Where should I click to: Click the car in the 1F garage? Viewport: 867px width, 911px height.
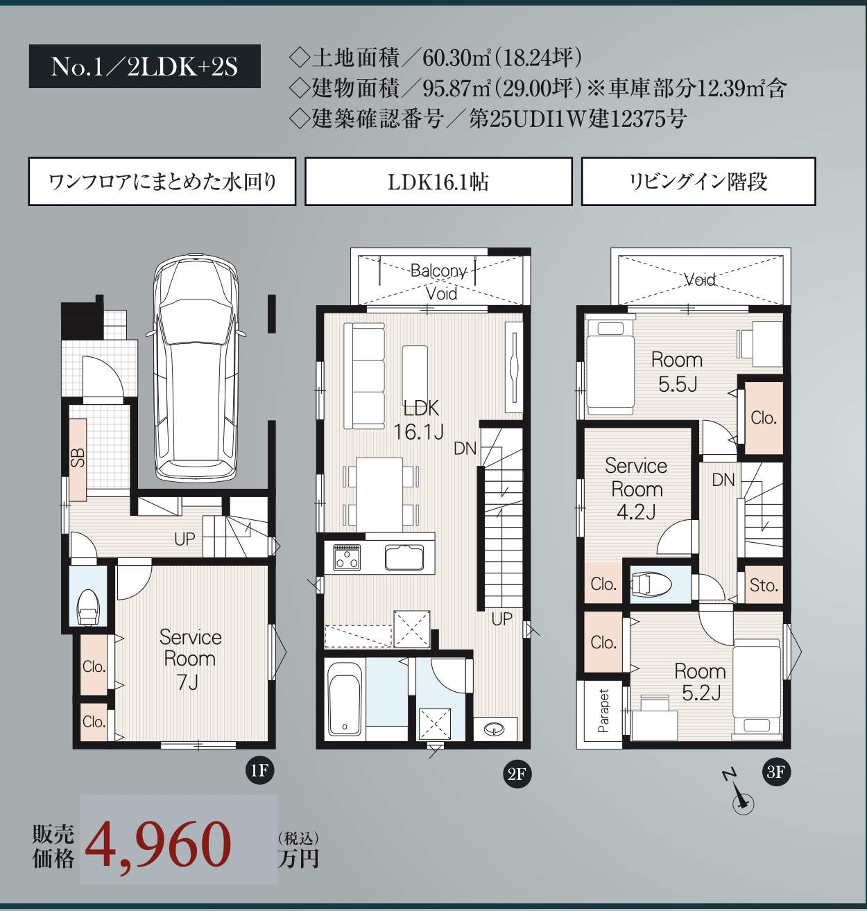196,367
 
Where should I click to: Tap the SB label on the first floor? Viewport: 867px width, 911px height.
78,458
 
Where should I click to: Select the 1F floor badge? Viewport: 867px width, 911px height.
259,770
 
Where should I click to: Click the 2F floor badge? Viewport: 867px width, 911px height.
517,773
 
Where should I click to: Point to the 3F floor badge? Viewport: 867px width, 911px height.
775,772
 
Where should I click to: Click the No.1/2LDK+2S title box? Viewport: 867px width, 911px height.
145,67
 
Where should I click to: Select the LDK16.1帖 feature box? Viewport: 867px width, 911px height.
438,182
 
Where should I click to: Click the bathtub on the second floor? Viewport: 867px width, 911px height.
345,701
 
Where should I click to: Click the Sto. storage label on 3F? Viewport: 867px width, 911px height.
764,585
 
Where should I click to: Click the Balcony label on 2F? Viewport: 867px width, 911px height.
438,270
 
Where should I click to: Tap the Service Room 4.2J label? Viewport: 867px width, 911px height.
636,489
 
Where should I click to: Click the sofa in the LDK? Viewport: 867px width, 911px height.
364,376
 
